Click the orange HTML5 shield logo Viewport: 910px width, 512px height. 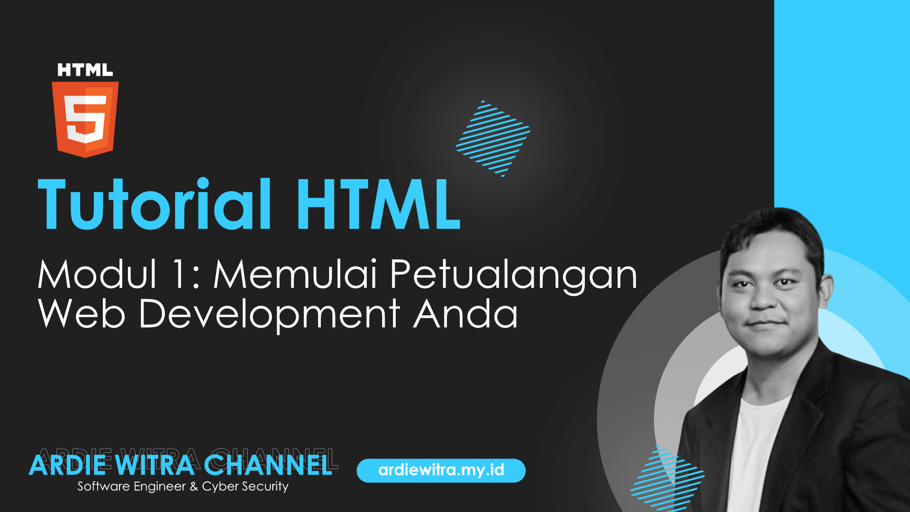(85, 119)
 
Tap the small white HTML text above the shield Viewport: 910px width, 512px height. (85, 70)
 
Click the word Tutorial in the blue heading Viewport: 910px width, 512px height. (154, 204)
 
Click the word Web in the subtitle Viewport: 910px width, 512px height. (81, 313)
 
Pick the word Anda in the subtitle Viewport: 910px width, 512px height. (466, 313)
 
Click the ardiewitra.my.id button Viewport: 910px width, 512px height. (441, 470)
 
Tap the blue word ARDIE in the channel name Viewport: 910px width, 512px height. (68, 466)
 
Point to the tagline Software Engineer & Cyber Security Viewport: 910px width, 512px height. (183, 486)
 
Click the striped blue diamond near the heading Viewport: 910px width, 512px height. (493, 139)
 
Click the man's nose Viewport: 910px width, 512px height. (763, 299)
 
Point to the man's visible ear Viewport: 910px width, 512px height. (826, 292)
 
